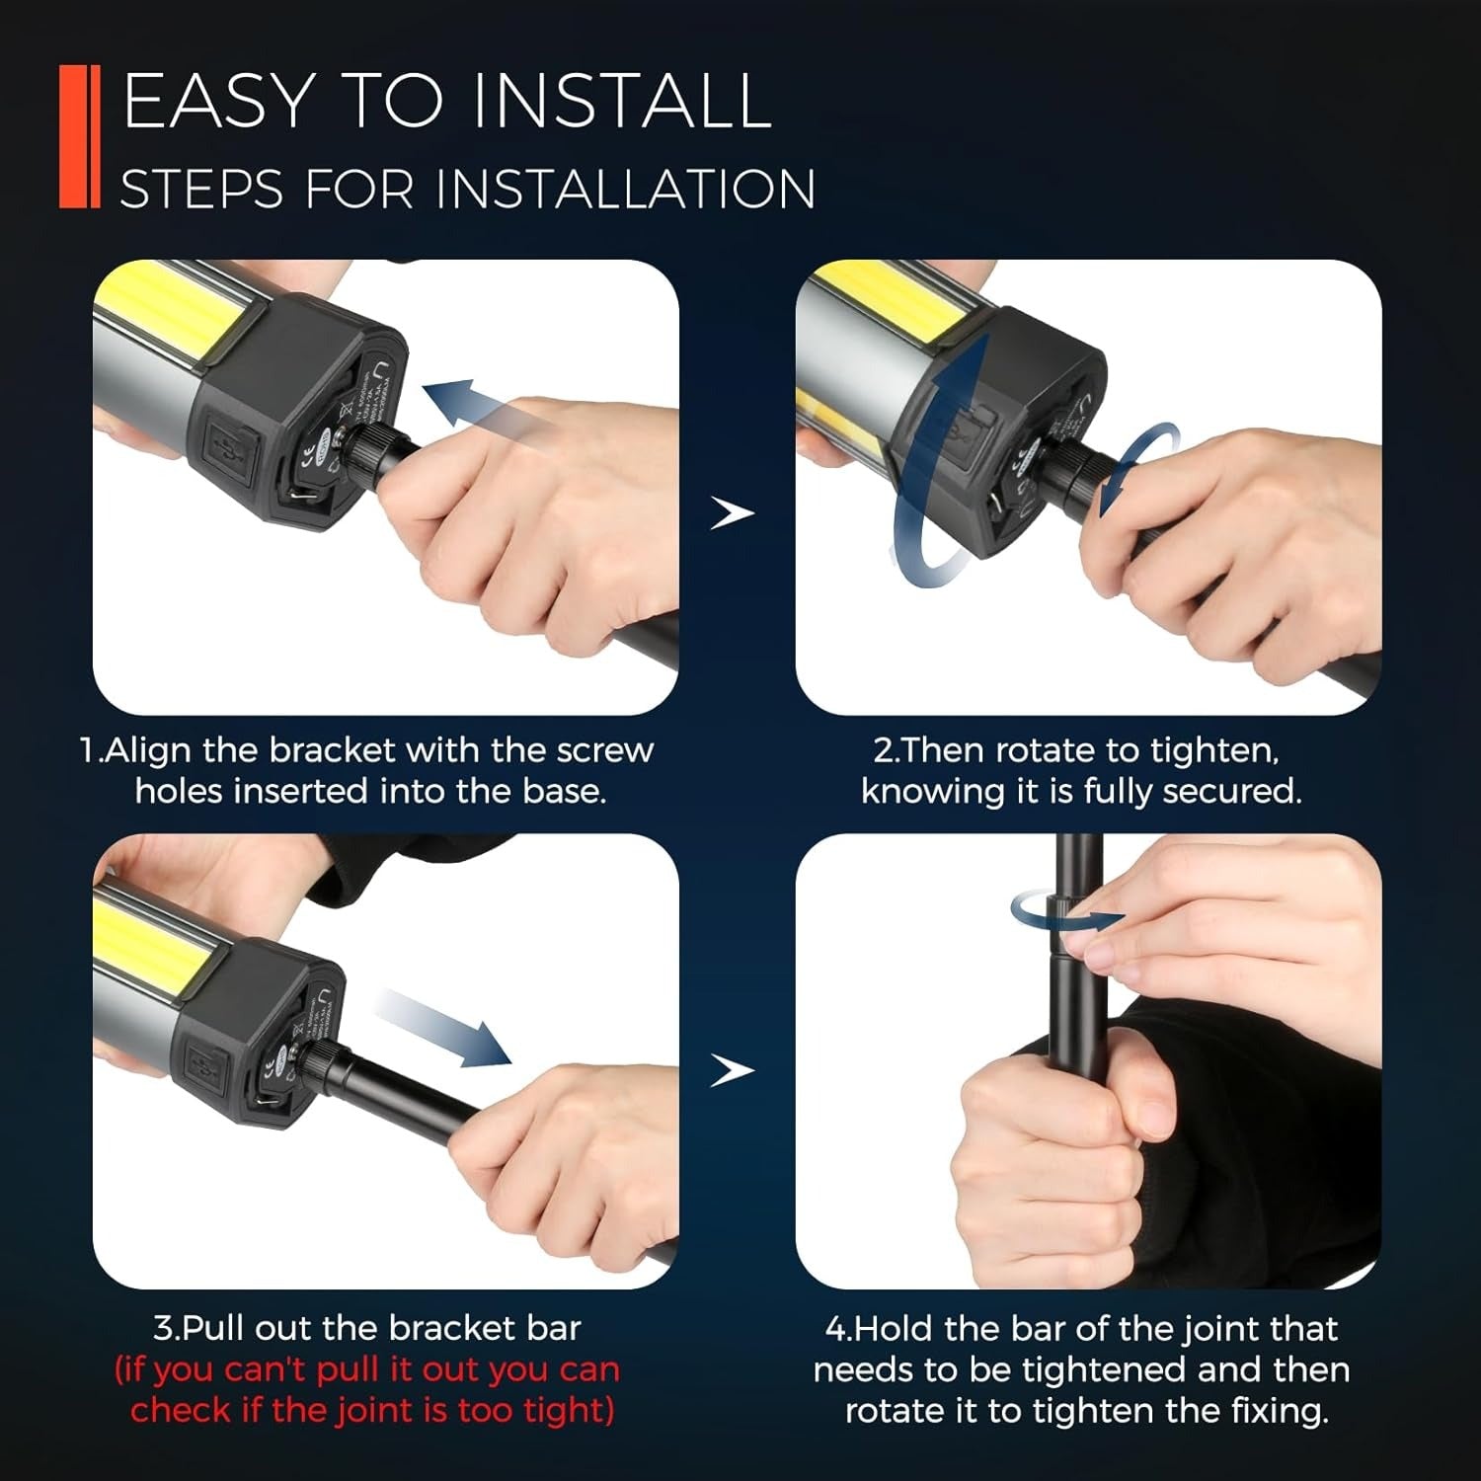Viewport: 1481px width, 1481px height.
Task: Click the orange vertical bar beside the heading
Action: pyautogui.click(x=79, y=136)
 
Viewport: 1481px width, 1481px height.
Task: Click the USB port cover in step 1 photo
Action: pyautogui.click(x=230, y=446)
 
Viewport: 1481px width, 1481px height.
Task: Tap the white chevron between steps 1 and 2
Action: pyautogui.click(x=733, y=513)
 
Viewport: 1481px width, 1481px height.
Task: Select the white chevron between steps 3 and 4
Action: pyautogui.click(x=733, y=1070)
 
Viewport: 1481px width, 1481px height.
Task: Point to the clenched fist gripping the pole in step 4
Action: pyautogui.click(x=1047, y=1135)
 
